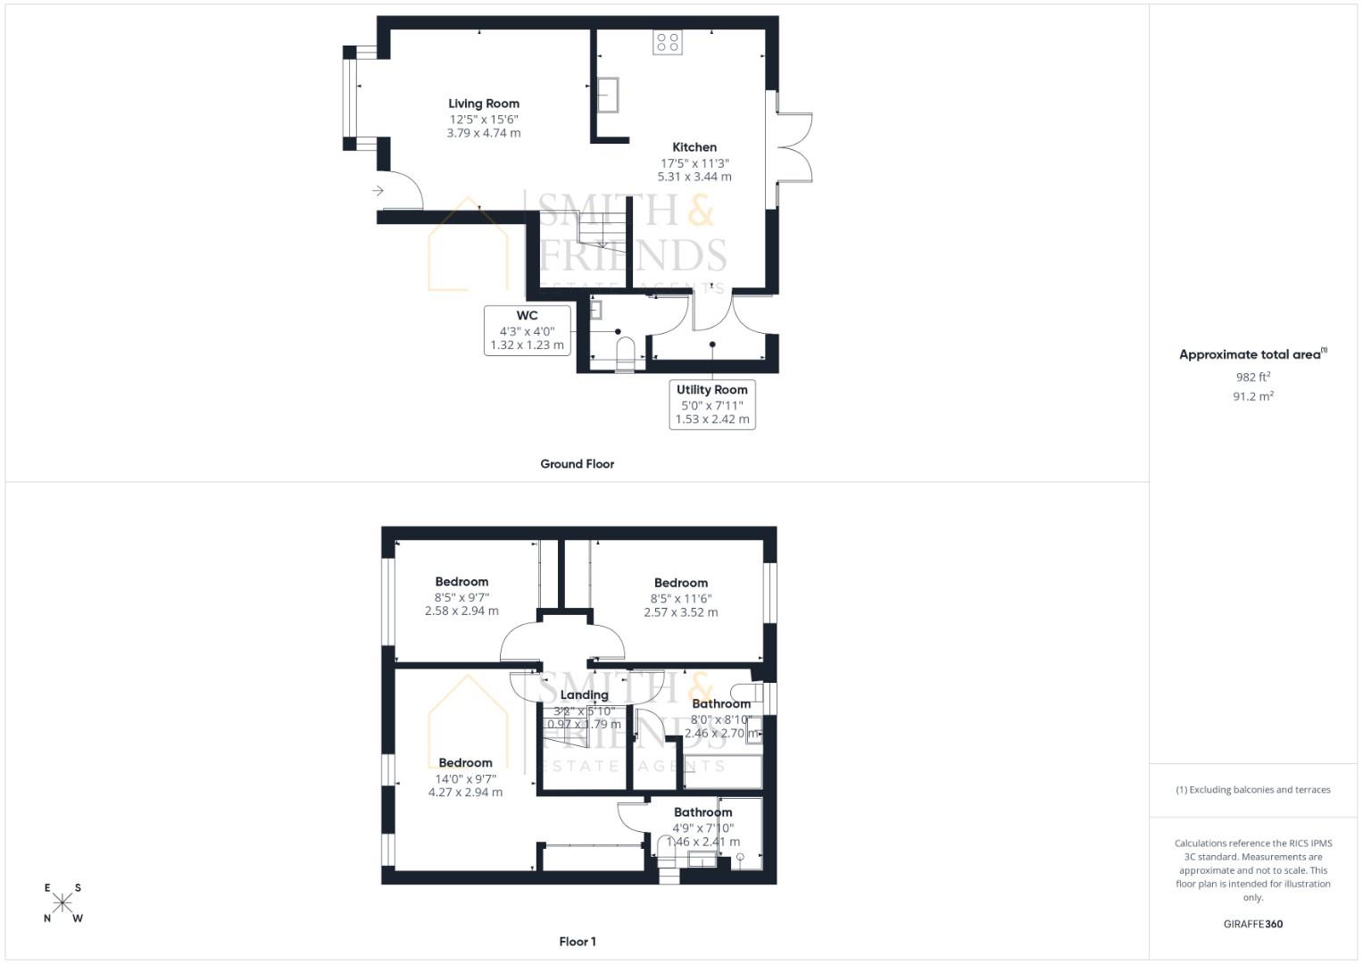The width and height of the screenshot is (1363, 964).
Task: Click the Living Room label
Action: click(x=483, y=104)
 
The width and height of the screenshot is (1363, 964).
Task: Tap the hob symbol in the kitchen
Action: click(x=667, y=42)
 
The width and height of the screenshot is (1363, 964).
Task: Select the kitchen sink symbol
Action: click(x=609, y=95)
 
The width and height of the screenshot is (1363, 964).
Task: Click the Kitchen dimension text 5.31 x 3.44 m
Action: click(x=694, y=177)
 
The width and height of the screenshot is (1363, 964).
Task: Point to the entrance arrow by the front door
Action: click(x=378, y=190)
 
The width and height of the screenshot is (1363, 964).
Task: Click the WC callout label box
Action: click(x=527, y=330)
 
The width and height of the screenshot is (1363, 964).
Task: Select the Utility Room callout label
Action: click(x=712, y=404)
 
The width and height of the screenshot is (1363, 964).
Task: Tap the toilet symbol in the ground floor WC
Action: click(x=625, y=351)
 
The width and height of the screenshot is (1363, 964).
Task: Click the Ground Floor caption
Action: click(x=577, y=464)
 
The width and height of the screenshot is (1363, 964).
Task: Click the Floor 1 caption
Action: click(x=577, y=942)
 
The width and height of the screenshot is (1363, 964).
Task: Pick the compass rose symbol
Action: click(x=62, y=902)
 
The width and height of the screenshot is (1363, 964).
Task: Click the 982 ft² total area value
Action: click(x=1252, y=378)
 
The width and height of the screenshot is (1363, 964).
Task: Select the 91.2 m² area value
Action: click(x=1252, y=396)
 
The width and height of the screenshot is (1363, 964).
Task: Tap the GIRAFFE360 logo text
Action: click(x=1252, y=924)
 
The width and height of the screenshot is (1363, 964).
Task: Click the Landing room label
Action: click(x=584, y=695)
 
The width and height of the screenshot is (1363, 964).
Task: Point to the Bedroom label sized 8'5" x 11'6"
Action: click(x=680, y=583)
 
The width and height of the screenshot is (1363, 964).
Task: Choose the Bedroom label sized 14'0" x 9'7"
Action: click(x=465, y=763)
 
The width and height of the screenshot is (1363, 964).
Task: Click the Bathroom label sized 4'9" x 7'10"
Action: click(x=702, y=812)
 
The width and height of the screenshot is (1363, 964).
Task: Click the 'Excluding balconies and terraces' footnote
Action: click(x=1252, y=790)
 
